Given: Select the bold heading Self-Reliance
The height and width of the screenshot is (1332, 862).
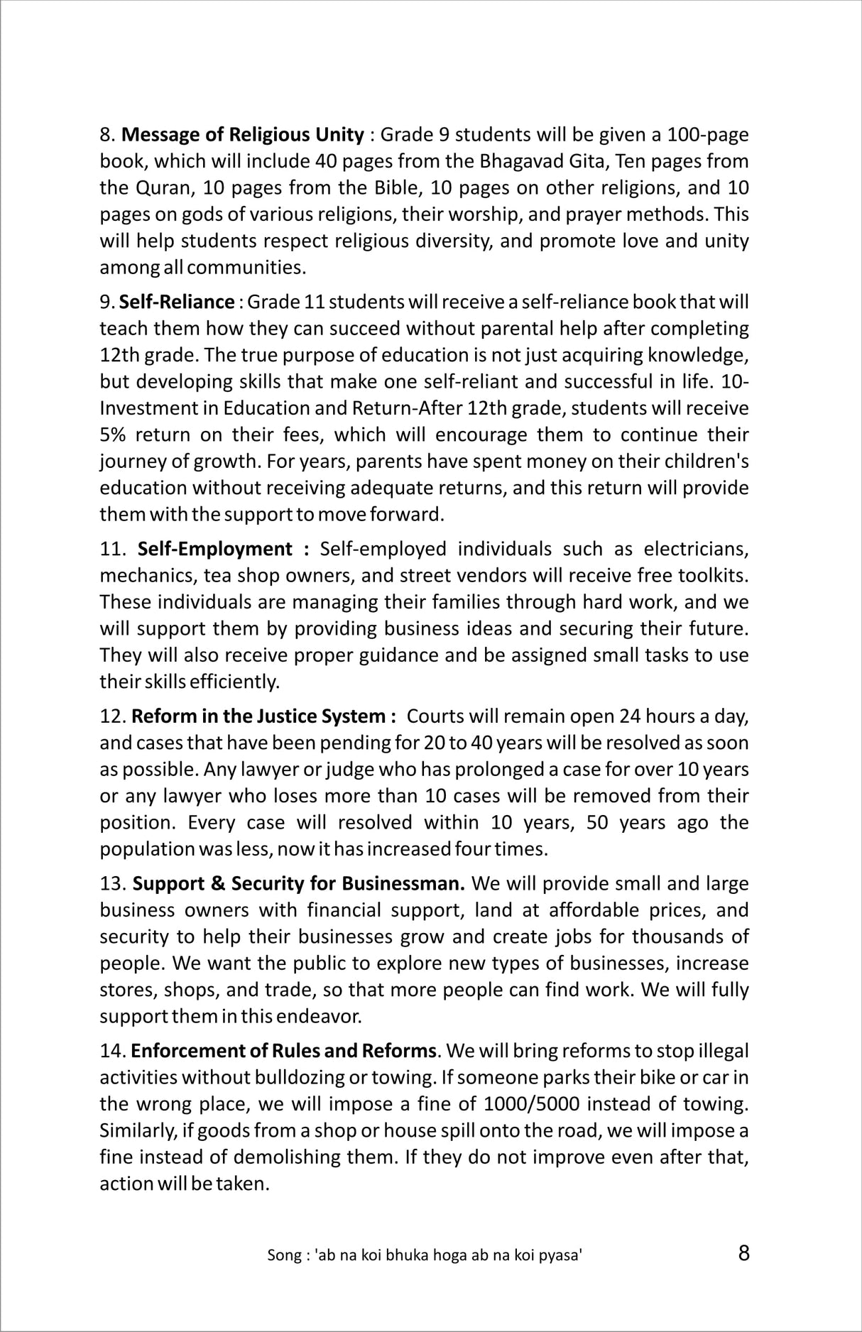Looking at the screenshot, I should point(176,302).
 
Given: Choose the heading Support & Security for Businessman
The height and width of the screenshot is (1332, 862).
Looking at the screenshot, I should point(298,883).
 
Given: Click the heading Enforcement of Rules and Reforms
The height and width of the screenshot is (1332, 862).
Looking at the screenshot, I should point(283,1050).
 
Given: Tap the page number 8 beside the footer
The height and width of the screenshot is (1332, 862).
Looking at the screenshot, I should point(743,1252).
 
